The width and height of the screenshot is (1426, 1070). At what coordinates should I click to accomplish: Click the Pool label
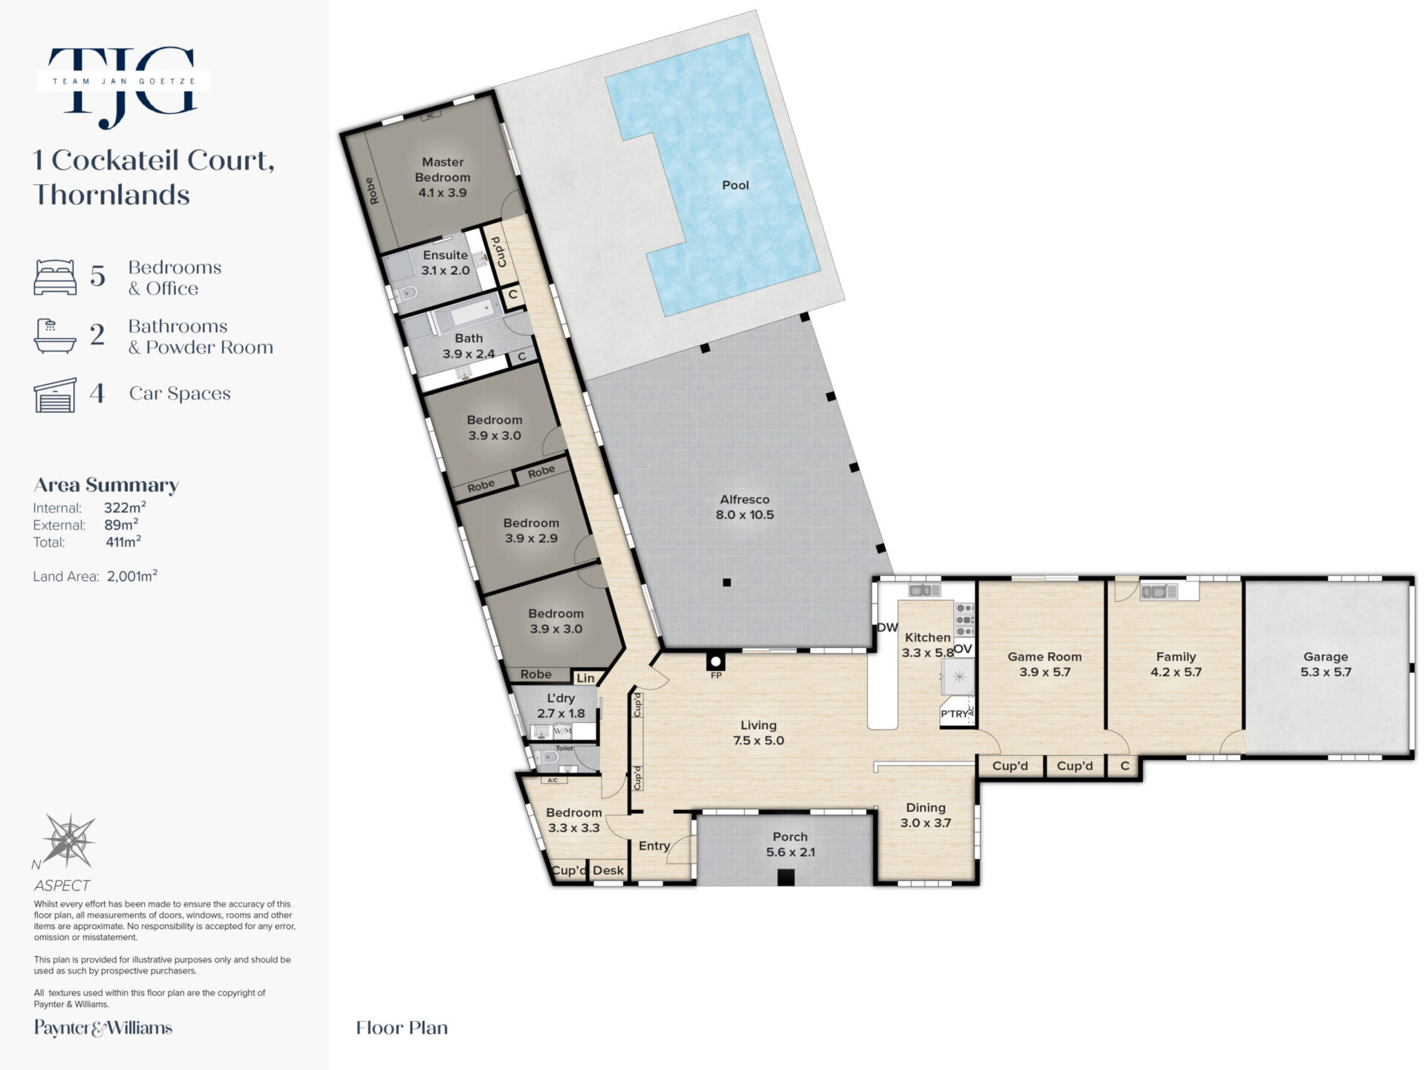[x=735, y=185]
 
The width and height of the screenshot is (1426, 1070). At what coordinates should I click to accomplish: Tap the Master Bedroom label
[x=443, y=169]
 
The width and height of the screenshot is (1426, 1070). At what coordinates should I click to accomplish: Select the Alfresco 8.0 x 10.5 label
[x=744, y=507]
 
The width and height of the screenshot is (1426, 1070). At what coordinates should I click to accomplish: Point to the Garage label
[x=1326, y=657]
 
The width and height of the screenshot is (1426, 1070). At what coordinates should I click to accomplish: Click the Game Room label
[x=1044, y=657]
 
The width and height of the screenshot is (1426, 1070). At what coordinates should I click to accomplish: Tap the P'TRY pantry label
[x=955, y=713]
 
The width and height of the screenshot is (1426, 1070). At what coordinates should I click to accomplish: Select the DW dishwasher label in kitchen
[x=888, y=627]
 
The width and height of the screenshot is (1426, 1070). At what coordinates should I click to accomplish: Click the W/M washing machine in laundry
[x=562, y=731]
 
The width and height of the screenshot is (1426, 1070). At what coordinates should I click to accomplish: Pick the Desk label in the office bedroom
[x=608, y=870]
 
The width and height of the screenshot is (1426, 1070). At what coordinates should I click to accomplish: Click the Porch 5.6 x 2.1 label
[x=790, y=844]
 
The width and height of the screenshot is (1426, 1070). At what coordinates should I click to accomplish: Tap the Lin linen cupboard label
[x=585, y=678]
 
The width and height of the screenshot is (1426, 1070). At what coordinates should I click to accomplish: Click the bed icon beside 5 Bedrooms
[x=55, y=277]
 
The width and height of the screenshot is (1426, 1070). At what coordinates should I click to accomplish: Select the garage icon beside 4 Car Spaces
[x=55, y=395]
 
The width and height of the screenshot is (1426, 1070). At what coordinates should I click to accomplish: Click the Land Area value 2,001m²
[x=132, y=576]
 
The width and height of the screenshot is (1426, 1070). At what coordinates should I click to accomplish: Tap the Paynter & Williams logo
[x=103, y=1028]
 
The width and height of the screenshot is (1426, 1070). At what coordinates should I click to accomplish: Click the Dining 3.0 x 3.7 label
[x=925, y=815]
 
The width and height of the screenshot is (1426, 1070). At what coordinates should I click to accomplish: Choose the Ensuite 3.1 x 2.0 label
[x=446, y=262]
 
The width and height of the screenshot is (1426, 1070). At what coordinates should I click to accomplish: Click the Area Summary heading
[x=106, y=485]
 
